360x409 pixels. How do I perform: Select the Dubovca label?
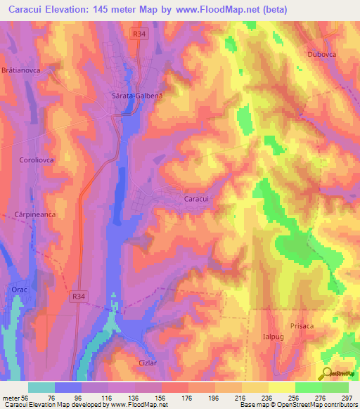(x=322, y=55)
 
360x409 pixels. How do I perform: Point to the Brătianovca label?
(x=23, y=70)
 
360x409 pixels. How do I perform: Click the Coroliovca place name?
(x=37, y=160)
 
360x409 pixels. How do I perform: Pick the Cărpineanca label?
(x=34, y=213)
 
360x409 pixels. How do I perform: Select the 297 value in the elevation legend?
(x=345, y=397)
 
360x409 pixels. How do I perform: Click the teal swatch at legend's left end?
(x=41, y=387)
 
